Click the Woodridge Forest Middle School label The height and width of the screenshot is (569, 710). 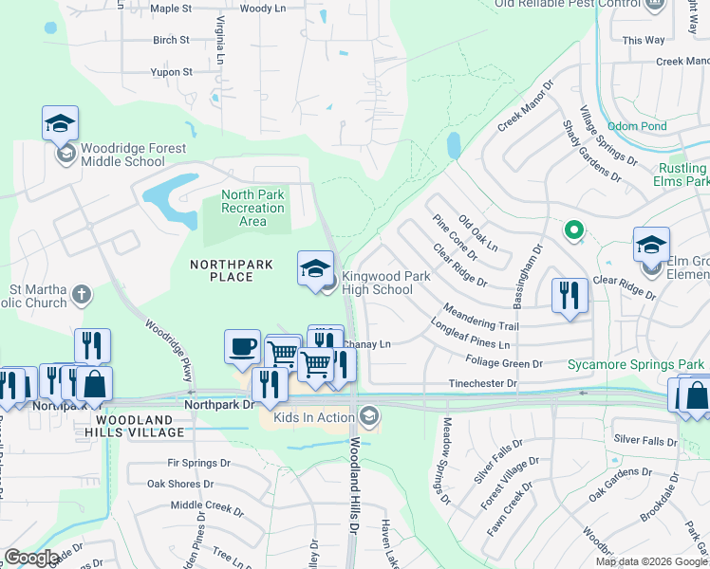tap(122, 155)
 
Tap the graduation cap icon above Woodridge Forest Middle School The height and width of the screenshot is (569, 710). tap(60, 123)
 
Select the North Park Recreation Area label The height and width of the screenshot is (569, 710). tap(252, 208)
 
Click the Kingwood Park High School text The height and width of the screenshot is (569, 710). tap(377, 283)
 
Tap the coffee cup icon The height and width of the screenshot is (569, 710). tap(242, 345)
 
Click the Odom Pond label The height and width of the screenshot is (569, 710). tap(663, 126)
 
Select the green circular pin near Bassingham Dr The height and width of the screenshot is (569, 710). tap(572, 229)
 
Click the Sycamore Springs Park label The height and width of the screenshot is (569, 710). tap(636, 364)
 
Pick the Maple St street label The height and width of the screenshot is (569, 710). tap(171, 9)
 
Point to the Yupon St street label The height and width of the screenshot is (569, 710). tap(172, 72)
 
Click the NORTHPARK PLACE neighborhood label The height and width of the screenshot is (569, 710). tap(221, 270)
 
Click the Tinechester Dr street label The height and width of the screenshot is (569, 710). tap(483, 384)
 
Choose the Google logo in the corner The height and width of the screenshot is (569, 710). tap(31, 558)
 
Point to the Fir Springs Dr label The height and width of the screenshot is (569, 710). tap(199, 463)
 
